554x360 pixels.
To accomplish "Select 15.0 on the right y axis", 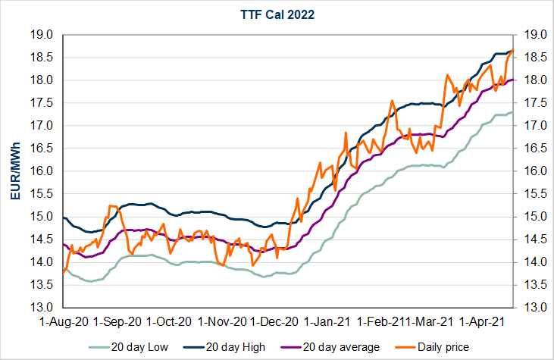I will point(529,217).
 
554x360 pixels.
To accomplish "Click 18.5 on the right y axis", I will point(529,58).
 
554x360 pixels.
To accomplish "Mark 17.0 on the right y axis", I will point(529,126).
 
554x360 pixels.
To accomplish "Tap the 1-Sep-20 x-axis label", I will point(116,321).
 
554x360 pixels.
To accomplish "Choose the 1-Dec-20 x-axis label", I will point(274,321).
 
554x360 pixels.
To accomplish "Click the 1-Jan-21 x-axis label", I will point(329,321).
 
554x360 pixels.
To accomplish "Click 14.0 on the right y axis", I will point(529,262).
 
